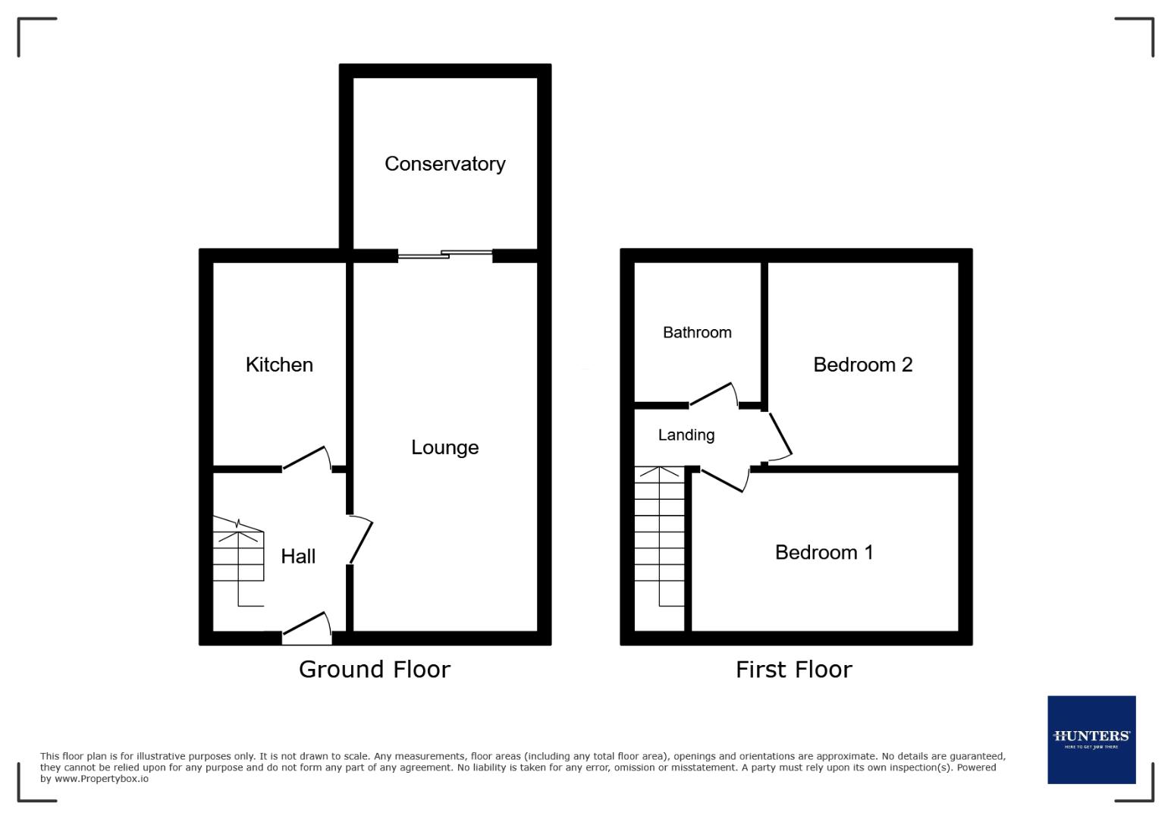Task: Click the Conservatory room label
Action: click(x=444, y=164)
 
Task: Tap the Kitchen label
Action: click(x=279, y=365)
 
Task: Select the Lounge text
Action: click(x=444, y=447)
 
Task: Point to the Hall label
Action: click(x=298, y=557)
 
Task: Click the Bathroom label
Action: click(x=697, y=332)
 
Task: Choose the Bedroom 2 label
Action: click(x=862, y=365)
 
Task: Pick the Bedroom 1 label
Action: click(x=824, y=552)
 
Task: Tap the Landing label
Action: click(x=686, y=435)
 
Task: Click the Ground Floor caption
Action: click(x=374, y=669)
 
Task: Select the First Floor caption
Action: click(x=793, y=669)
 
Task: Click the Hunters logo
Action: click(x=1091, y=739)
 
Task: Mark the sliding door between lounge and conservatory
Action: click(x=445, y=256)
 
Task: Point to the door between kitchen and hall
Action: click(x=307, y=459)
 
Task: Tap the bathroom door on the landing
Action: click(x=714, y=395)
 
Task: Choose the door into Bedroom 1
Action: click(x=724, y=481)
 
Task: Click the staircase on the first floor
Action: click(x=659, y=538)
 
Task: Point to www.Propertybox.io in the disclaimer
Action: click(x=101, y=779)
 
